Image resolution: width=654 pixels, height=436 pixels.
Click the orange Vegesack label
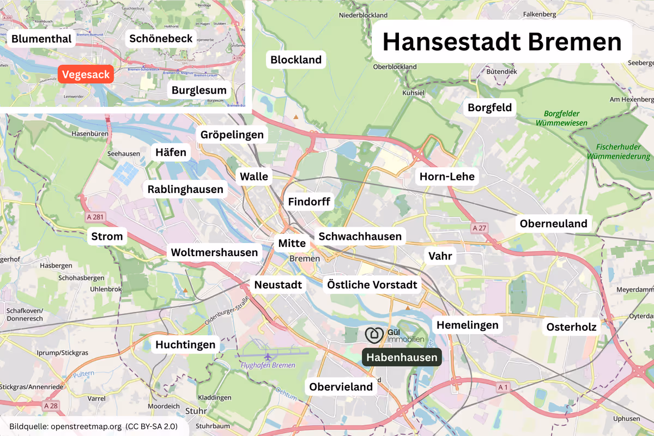(86, 75)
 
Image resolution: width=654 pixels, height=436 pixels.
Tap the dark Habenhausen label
(402, 358)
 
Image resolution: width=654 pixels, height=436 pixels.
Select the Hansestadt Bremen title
(501, 42)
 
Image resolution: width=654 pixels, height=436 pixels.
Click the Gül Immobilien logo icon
(374, 335)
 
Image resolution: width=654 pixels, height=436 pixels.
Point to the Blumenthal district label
(41, 39)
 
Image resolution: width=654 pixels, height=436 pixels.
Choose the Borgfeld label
(490, 107)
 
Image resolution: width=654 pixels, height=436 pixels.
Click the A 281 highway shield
(95, 217)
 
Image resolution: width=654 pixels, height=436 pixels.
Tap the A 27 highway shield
(479, 227)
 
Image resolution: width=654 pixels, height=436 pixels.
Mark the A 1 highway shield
(503, 386)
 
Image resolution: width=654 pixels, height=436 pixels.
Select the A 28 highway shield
(51, 405)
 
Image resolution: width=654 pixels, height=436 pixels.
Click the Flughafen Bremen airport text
(268, 365)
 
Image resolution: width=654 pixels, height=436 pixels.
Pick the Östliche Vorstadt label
(372, 284)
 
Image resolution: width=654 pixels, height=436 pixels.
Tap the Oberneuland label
(553, 223)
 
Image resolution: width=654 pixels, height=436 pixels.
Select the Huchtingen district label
(186, 344)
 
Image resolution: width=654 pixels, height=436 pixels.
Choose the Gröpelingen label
(232, 135)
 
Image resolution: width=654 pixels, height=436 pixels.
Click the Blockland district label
(296, 59)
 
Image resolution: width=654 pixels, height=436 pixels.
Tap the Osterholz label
(572, 326)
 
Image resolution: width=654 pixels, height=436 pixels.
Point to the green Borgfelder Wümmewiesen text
(561, 118)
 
